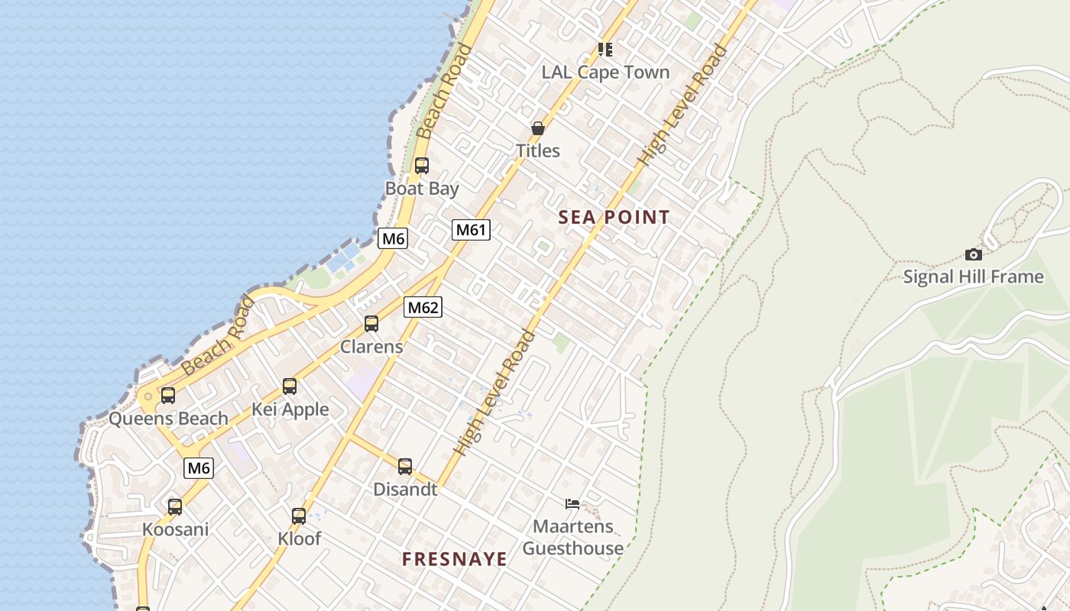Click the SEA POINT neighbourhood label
[614, 218]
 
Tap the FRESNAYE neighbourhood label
[455, 560]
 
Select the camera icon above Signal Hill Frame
[973, 254]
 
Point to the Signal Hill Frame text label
[973, 276]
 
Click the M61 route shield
[471, 229]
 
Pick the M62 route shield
[423, 307]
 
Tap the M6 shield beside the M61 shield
[393, 238]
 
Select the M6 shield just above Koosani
[199, 468]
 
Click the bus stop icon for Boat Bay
[421, 165]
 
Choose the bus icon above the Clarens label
[371, 324]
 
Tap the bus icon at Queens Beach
[168, 396]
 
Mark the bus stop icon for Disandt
[405, 466]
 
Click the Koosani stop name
[175, 529]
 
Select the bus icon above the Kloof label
[299, 516]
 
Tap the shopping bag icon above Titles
[537, 128]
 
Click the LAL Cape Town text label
[605, 73]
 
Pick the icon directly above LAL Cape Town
[605, 50]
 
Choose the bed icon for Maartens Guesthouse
[572, 503]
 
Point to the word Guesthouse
[572, 548]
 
